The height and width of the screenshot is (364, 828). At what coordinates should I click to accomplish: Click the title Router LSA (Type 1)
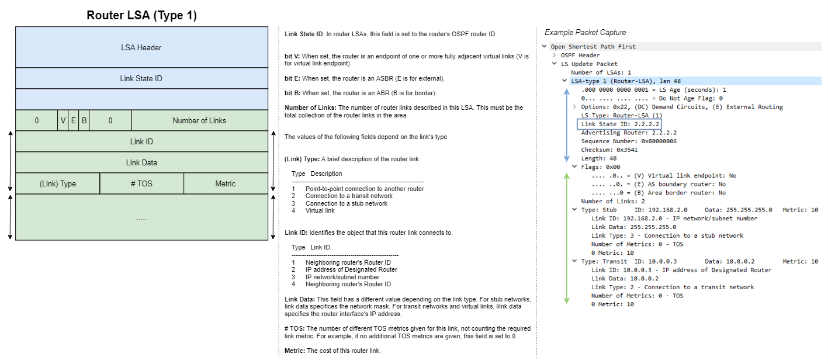[x=141, y=16]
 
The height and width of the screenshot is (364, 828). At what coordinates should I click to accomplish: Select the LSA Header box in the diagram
[x=141, y=47]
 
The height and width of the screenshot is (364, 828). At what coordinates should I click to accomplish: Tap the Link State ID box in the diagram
[x=141, y=78]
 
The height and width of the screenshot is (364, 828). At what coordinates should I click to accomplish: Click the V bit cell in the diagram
[x=63, y=120]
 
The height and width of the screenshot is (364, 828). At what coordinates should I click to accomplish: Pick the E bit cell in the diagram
[x=74, y=120]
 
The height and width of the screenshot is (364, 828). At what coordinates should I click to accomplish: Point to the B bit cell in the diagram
[x=84, y=120]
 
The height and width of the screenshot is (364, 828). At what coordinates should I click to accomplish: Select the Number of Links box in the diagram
[x=199, y=120]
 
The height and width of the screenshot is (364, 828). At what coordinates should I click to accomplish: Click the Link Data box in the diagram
[x=141, y=162]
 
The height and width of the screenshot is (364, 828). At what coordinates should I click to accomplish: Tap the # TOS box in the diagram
[x=141, y=183]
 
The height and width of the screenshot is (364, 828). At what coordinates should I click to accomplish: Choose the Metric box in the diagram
[x=225, y=183]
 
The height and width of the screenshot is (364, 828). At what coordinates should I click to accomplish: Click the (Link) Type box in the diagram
[x=57, y=183]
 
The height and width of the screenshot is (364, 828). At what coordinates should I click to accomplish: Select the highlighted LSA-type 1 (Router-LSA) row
[x=625, y=81]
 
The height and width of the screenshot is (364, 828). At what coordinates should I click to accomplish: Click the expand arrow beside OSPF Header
[x=555, y=56]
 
